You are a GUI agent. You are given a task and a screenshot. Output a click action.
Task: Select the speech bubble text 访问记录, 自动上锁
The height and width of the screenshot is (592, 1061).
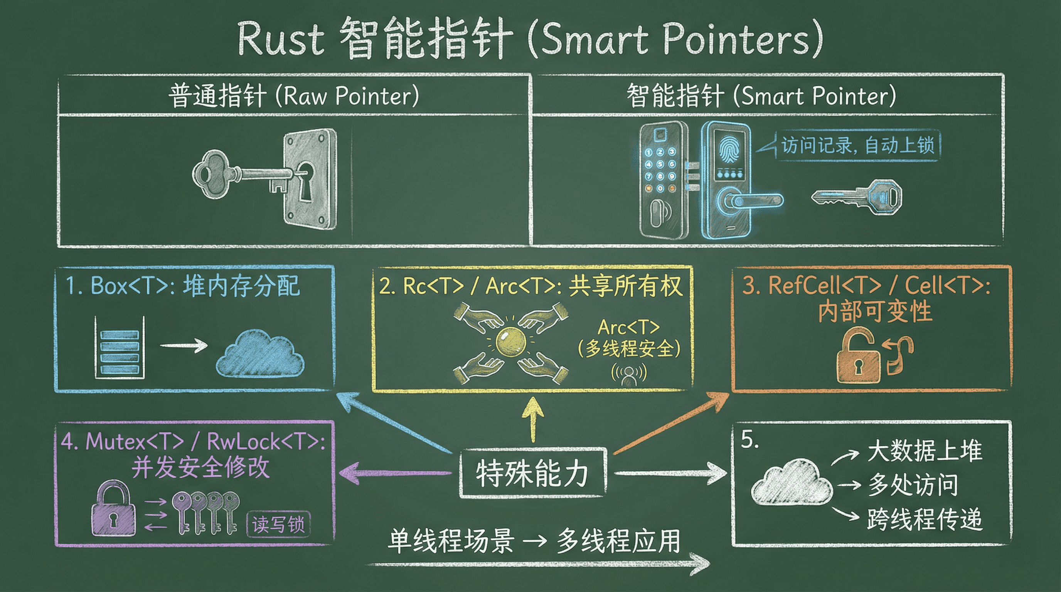click(x=857, y=145)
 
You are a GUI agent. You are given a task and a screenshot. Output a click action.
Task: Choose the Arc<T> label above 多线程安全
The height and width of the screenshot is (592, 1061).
click(x=628, y=328)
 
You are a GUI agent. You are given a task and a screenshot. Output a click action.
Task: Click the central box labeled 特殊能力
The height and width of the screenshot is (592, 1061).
click(x=532, y=473)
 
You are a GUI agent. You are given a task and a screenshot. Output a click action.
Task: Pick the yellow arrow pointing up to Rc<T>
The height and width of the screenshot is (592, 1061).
click(x=533, y=419)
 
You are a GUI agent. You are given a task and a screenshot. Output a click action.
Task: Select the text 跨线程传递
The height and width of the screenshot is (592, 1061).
click(x=925, y=520)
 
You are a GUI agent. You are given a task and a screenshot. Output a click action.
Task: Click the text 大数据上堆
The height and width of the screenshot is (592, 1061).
click(x=925, y=451)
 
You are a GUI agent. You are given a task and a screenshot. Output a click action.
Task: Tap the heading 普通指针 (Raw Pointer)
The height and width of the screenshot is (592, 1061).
click(x=293, y=96)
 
